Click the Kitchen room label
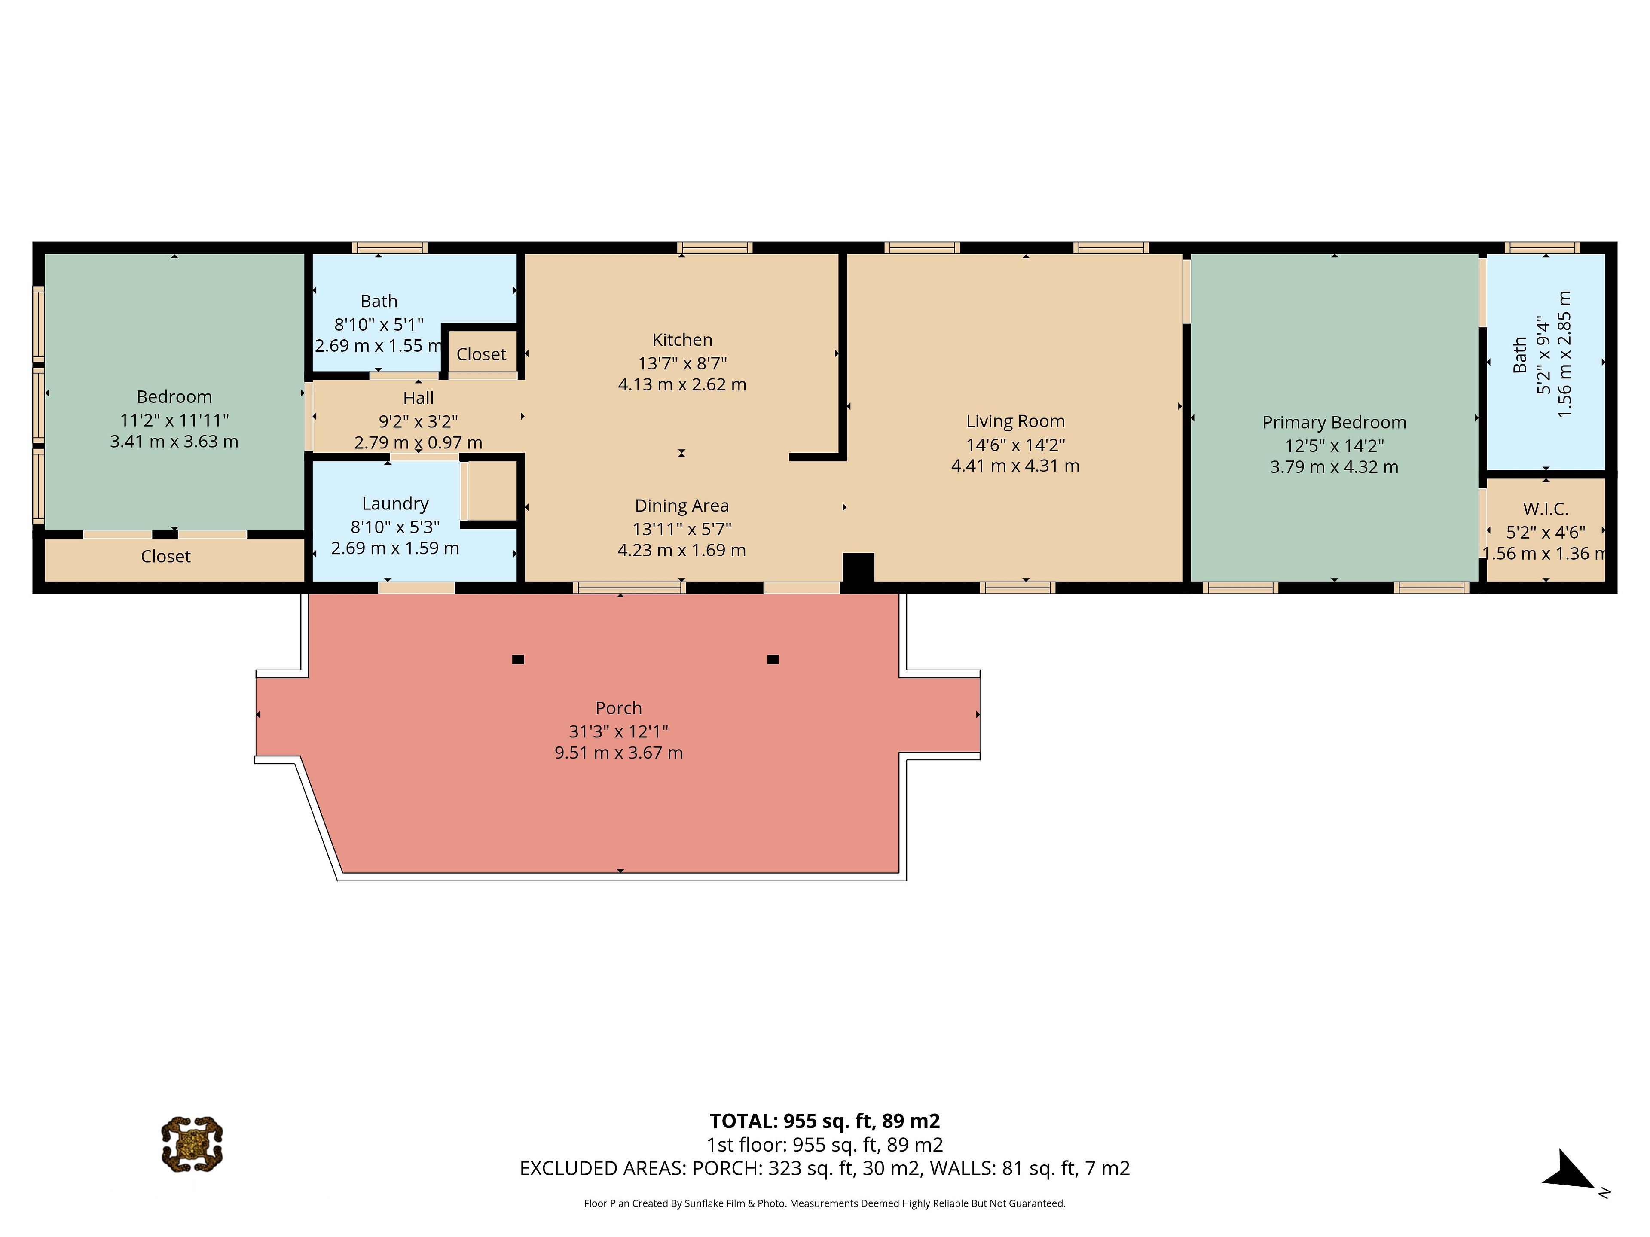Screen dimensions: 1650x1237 pyautogui.click(x=682, y=340)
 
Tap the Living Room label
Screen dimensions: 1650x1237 pyautogui.click(x=1015, y=421)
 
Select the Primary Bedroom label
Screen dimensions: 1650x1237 pyautogui.click(x=1334, y=423)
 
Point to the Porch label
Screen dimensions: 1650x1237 pyautogui.click(x=618, y=707)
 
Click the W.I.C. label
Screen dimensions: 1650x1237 pyautogui.click(x=1546, y=509)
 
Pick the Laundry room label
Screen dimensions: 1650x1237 pyautogui.click(x=395, y=504)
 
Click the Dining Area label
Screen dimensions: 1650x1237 pyautogui.click(x=682, y=506)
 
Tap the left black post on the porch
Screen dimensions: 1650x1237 pyautogui.click(x=518, y=659)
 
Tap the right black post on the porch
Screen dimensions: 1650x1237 pyautogui.click(x=773, y=659)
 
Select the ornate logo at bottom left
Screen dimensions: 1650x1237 pyautogui.click(x=192, y=1144)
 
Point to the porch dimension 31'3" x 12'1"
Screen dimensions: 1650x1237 pyautogui.click(x=618, y=731)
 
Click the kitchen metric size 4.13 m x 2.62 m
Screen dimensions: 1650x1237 pyautogui.click(x=682, y=385)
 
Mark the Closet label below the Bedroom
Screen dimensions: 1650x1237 pyautogui.click(x=165, y=556)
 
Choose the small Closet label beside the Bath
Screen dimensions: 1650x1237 pyautogui.click(x=481, y=354)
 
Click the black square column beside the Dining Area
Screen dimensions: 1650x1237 pyautogui.click(x=858, y=567)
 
